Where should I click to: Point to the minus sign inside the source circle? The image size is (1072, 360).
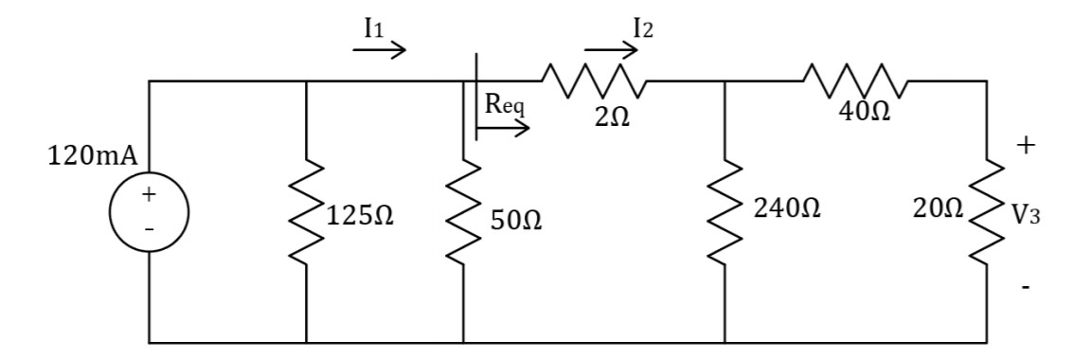coord(149,229)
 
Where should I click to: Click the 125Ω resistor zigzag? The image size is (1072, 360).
coord(307,211)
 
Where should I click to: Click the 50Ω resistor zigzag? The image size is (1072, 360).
coord(463,211)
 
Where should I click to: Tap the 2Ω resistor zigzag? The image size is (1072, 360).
coord(593,82)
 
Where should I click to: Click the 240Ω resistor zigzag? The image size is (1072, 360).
coord(724,211)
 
